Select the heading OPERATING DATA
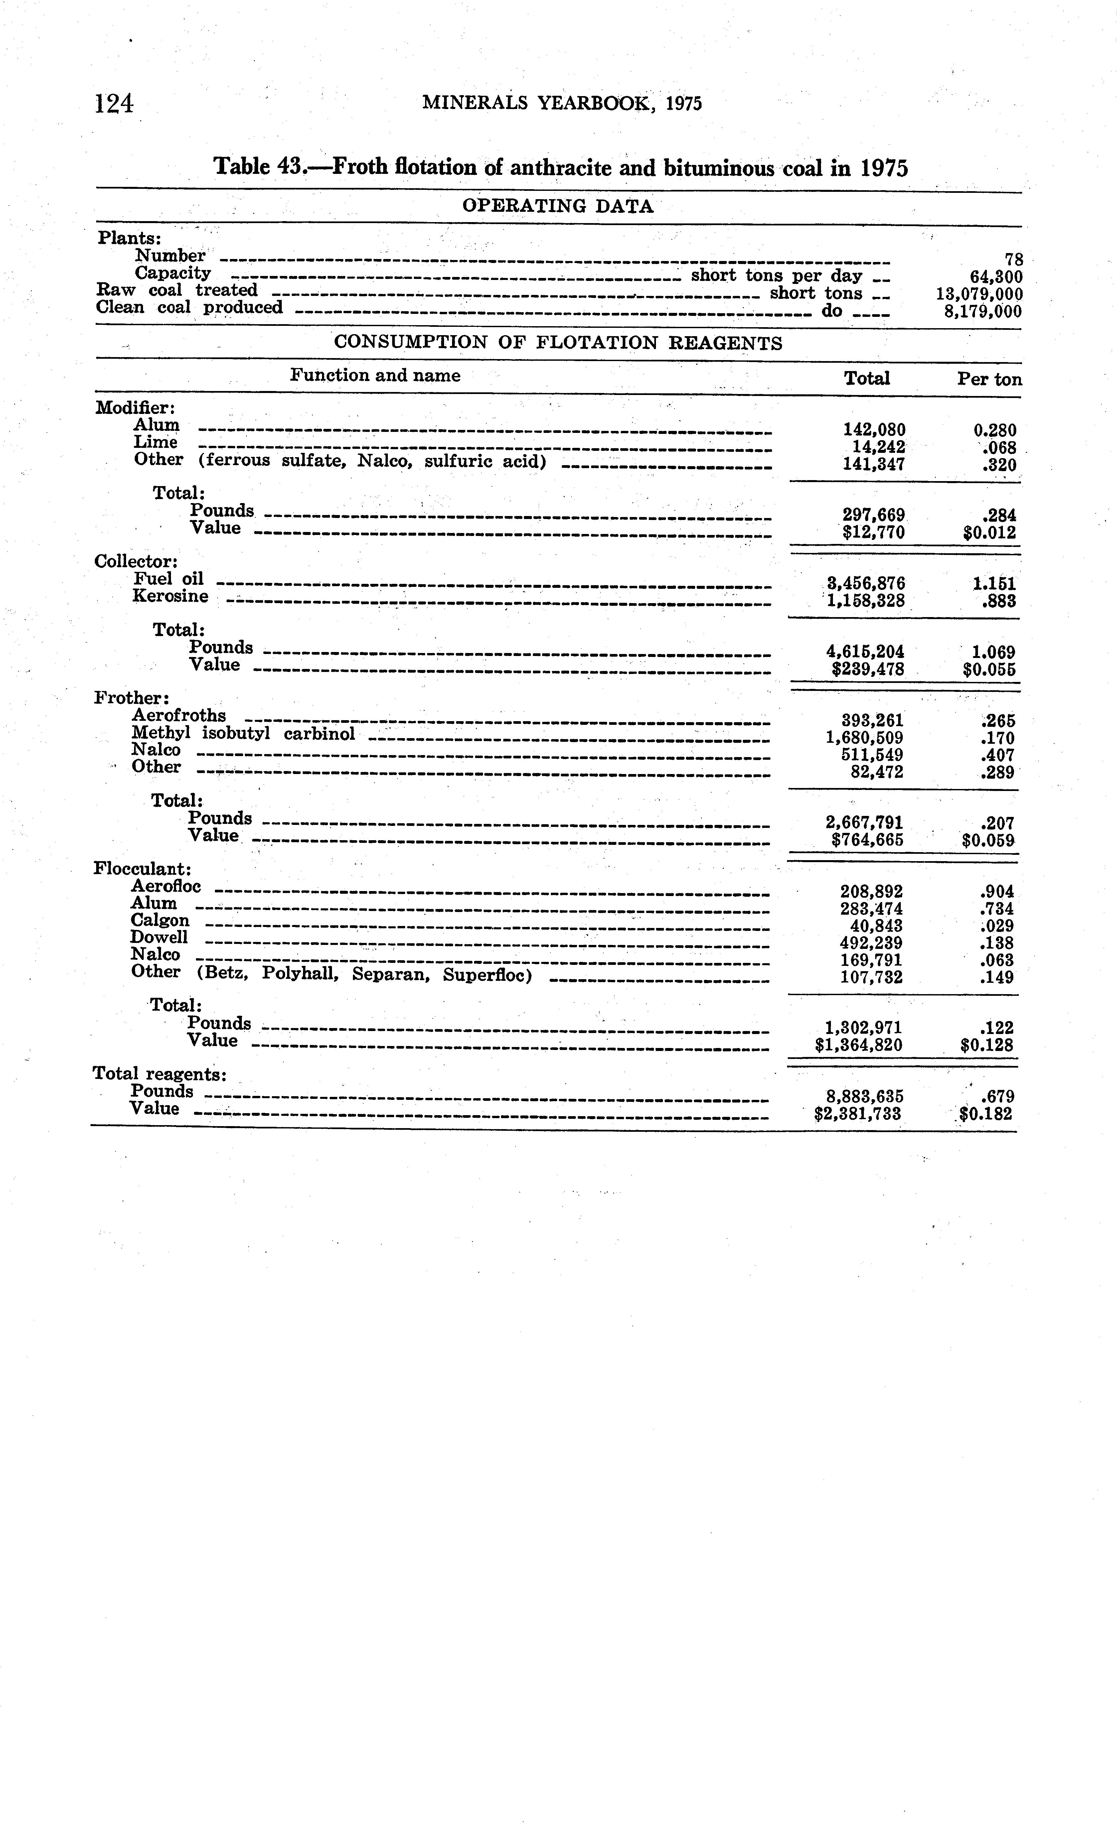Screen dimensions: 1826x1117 click(x=558, y=206)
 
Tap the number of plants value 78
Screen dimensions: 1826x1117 click(x=1013, y=259)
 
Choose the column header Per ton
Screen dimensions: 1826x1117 click(x=989, y=379)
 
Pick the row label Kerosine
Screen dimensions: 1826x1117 click(x=171, y=596)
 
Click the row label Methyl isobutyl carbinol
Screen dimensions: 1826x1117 click(x=243, y=734)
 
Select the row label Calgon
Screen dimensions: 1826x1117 click(x=159, y=920)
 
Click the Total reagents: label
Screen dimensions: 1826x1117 click(x=159, y=1074)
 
